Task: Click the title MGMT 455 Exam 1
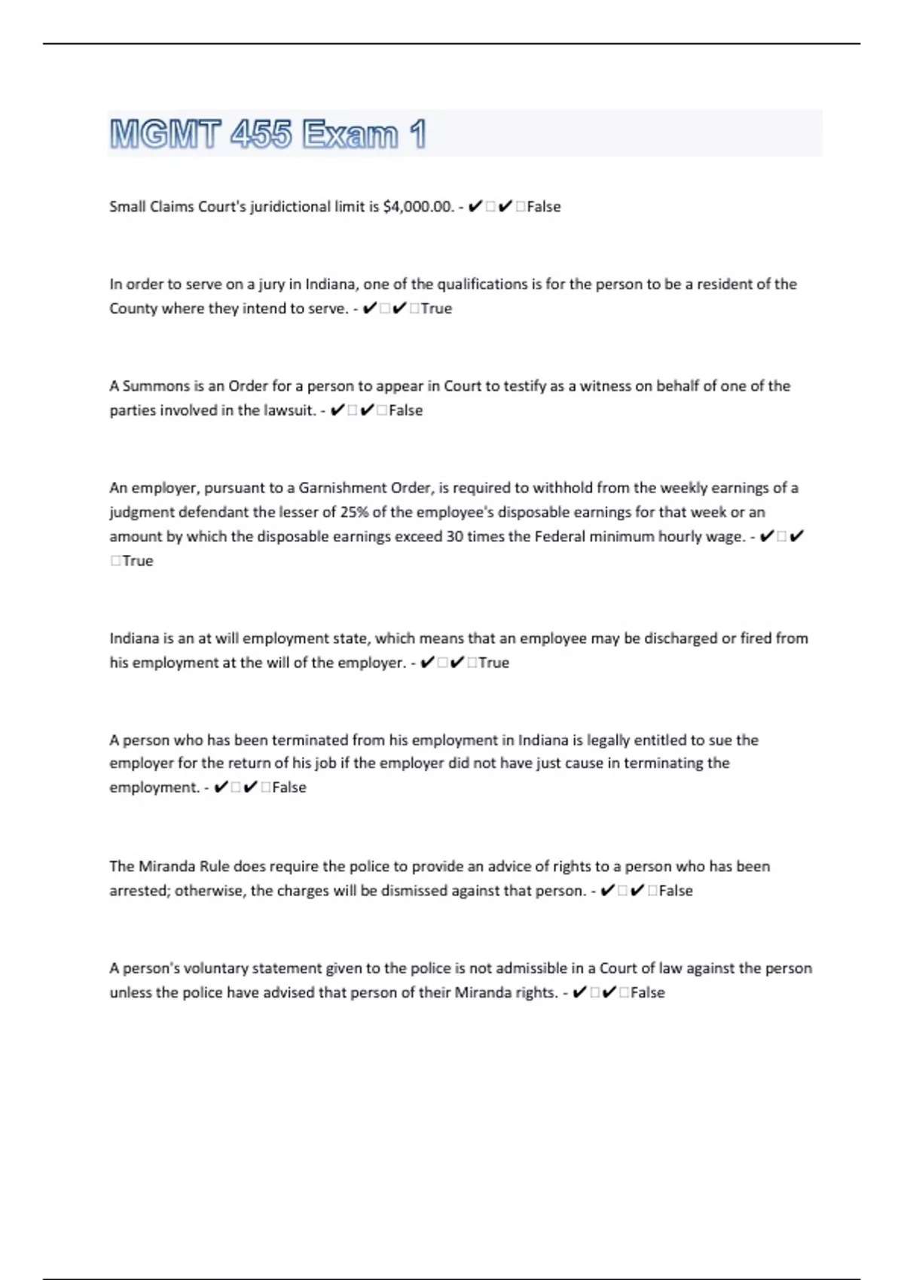267,134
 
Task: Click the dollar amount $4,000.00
417,206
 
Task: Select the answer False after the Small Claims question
544,206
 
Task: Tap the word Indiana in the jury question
330,284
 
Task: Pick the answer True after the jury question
436,308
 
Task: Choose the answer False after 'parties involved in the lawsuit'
405,410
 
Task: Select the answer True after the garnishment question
138,561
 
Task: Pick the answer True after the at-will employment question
494,663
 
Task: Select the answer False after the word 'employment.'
289,787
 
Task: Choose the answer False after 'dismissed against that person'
676,891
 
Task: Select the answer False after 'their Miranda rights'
648,992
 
